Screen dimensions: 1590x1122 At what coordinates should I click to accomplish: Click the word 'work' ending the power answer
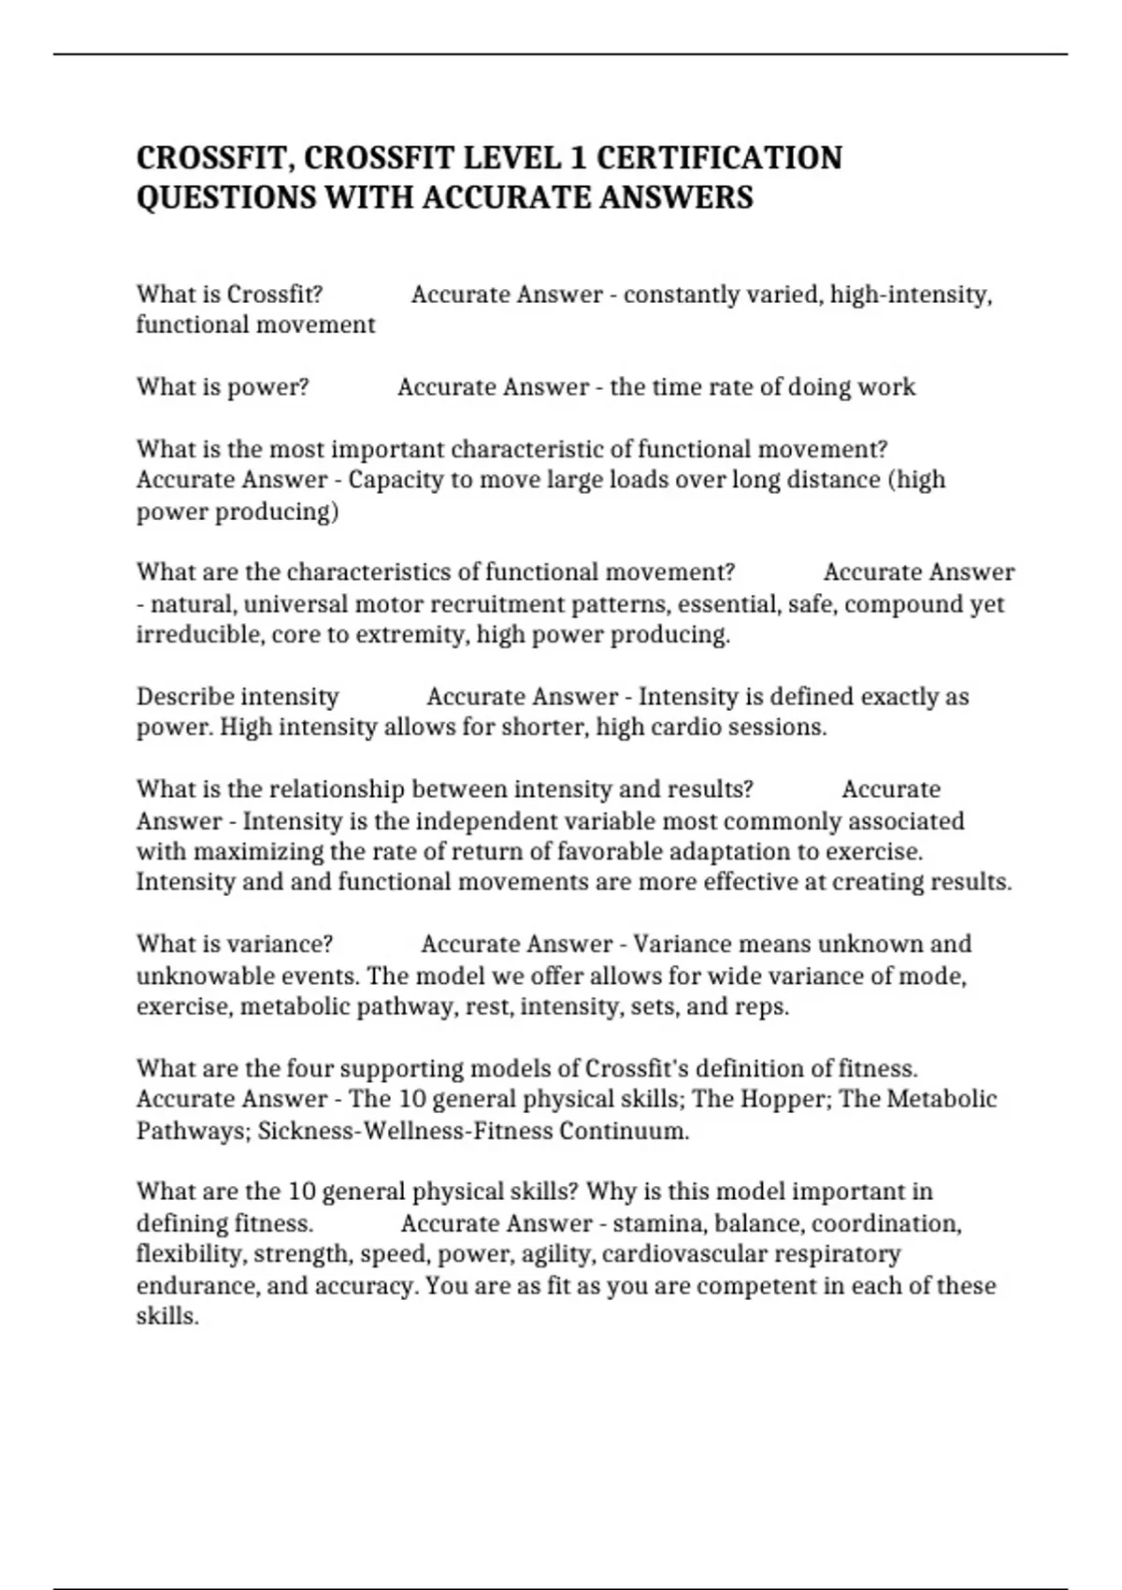click(887, 387)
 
